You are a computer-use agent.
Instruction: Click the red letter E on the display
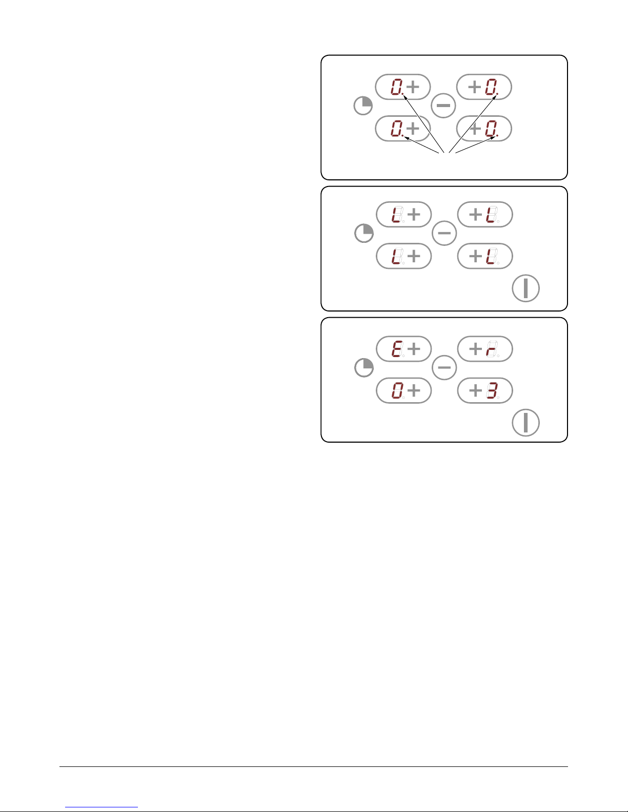tap(396, 349)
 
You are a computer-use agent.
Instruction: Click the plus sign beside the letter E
tap(413, 349)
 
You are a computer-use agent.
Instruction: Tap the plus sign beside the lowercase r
tap(475, 349)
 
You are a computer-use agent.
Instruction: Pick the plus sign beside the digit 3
tap(475, 390)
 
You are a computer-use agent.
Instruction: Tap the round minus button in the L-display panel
tap(444, 234)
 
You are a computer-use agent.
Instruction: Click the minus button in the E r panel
tap(444, 368)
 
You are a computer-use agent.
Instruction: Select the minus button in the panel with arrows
tap(443, 106)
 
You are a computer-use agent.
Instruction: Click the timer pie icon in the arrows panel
tap(363, 107)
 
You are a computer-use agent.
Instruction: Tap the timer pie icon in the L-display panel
tap(364, 234)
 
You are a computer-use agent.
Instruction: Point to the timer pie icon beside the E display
tap(364, 368)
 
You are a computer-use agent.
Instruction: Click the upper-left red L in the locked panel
tap(396, 215)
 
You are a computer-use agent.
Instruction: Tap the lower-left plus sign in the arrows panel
tap(412, 129)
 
